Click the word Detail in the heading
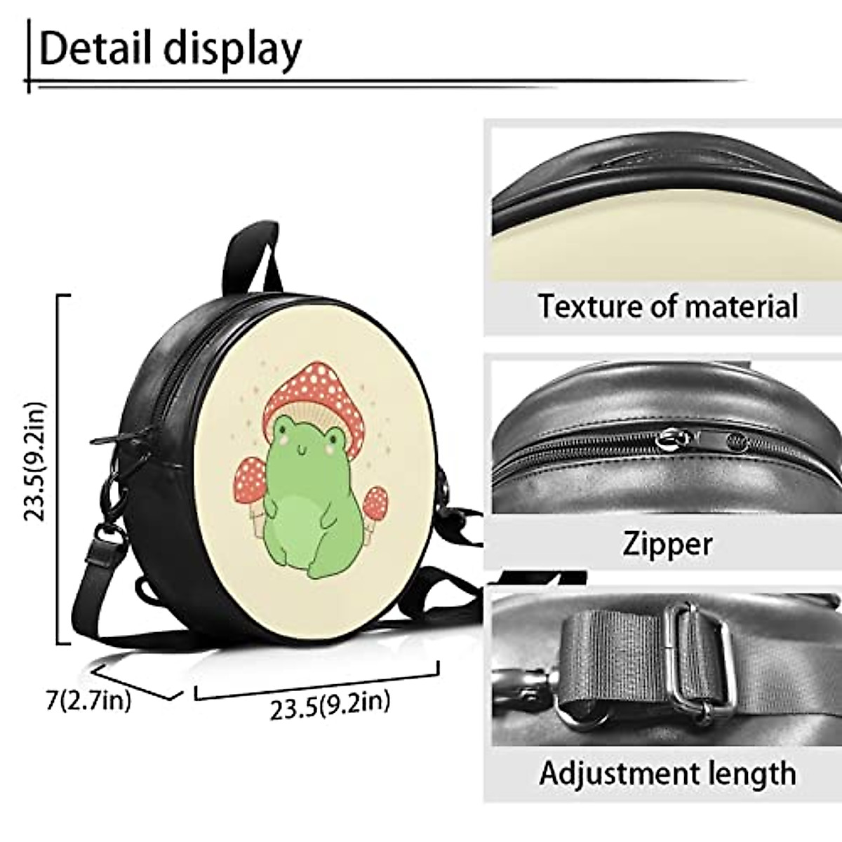coord(95,48)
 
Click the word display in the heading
coord(232,50)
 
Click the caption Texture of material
coord(667,307)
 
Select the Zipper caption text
coord(667,544)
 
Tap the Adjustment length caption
coord(667,774)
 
